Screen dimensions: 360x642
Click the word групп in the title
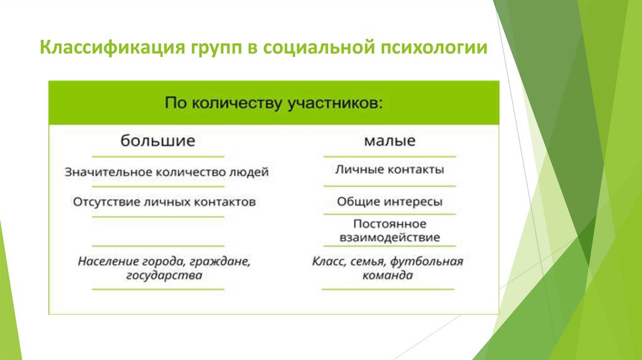tap(212, 48)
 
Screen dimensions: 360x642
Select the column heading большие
tap(158, 140)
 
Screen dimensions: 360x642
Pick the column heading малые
tap(389, 140)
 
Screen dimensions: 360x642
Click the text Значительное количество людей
tap(166, 172)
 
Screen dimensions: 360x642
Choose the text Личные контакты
tap(389, 169)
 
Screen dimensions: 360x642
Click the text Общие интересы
tap(389, 202)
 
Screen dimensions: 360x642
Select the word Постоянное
tap(389, 224)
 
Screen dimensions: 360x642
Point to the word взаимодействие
tap(389, 238)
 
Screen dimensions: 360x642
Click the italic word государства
tap(164, 275)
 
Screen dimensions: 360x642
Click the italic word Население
tap(104, 262)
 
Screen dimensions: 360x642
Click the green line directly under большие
tap(158, 156)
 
